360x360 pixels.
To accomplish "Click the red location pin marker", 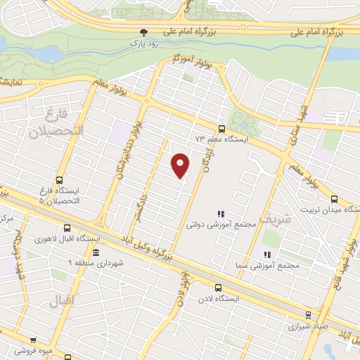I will [181, 165].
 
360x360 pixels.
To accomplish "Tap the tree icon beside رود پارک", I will [144, 32].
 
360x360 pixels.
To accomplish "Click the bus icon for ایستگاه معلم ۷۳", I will [221, 128].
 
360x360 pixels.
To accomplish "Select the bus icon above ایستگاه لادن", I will [218, 287].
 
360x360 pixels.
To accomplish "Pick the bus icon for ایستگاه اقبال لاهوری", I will [67, 227].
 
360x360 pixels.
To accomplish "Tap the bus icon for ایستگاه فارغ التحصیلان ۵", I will [59, 179].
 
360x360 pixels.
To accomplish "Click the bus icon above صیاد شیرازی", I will [308, 315].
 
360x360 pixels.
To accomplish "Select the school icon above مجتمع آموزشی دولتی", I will [220, 214].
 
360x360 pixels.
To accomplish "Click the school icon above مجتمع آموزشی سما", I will [266, 254].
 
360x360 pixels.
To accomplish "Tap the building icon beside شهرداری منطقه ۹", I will [96, 252].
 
